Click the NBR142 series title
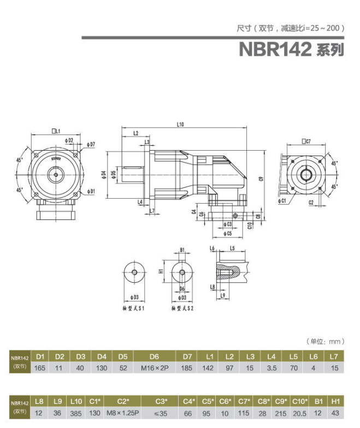pos(291,50)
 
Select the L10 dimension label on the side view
pos(180,125)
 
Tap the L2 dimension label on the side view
pos(135,133)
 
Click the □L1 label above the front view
pos(56,131)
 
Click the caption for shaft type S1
pos(133,308)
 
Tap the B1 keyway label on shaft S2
pos(182,251)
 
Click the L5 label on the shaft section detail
pos(232,248)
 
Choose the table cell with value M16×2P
pos(154,368)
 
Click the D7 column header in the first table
pos(187,356)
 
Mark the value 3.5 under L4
pos(272,368)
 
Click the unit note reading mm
pos(326,342)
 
